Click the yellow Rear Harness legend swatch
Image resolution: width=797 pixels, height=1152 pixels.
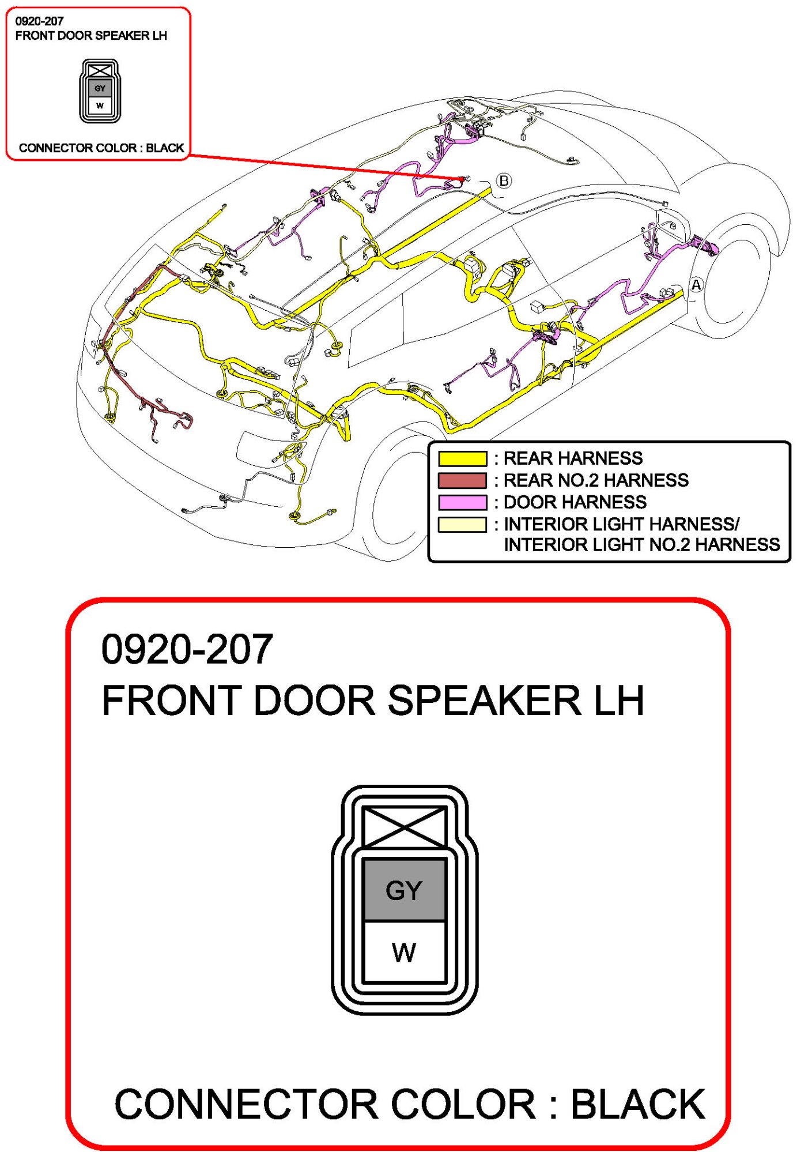(x=462, y=458)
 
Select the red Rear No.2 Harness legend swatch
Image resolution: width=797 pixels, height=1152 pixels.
(x=462, y=480)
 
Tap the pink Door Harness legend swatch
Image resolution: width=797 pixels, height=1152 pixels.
(x=462, y=502)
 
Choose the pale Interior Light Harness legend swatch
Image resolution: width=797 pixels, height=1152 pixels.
(x=462, y=524)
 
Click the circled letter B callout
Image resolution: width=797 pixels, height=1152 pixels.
(x=504, y=181)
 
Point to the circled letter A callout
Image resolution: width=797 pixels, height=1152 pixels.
(x=696, y=285)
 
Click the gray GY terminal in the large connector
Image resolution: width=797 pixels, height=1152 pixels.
(x=404, y=890)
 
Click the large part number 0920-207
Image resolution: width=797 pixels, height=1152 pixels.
(x=187, y=649)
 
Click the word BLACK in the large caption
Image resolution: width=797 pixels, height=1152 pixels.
(x=638, y=1104)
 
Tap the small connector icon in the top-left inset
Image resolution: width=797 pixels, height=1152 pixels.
(x=100, y=91)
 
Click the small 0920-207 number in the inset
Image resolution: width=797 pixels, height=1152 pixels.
(x=39, y=21)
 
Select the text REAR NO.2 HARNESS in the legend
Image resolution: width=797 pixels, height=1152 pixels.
(x=596, y=480)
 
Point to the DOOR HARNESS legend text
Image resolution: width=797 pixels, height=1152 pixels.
(x=575, y=502)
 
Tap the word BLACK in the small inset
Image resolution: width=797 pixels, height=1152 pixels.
(x=165, y=148)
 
